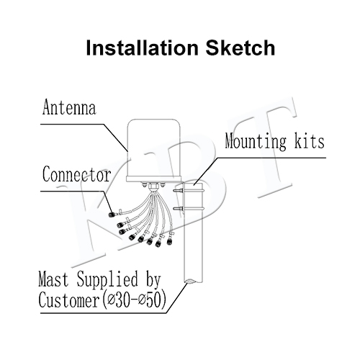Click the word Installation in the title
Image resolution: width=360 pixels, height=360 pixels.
[142, 48]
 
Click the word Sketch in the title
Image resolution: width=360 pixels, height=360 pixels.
[240, 48]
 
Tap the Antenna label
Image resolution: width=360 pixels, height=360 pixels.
[69, 107]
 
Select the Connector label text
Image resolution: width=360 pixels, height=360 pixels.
[77, 174]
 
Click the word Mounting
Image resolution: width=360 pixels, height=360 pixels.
[256, 141]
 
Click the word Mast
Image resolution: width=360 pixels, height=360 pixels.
[53, 279]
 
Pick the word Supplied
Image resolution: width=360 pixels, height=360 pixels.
[107, 280]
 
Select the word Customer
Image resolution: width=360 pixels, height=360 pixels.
[69, 300]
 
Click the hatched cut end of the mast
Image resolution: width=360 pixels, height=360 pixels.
[193, 281]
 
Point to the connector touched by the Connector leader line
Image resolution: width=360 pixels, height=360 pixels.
[112, 215]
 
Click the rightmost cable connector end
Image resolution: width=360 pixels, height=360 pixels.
[170, 240]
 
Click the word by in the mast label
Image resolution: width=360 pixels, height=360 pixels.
[153, 280]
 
